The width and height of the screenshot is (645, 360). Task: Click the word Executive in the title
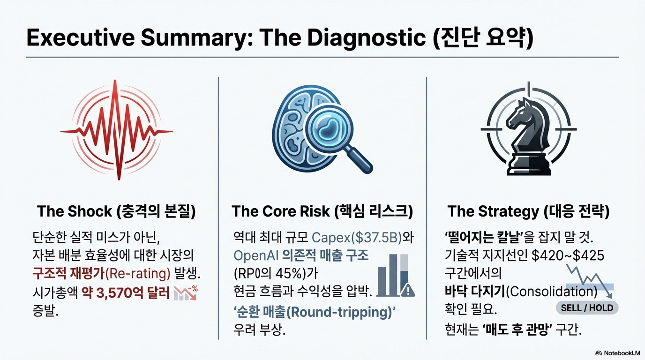(x=81, y=37)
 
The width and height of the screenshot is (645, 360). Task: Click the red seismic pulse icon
(x=117, y=130)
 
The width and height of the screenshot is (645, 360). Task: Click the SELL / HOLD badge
(x=587, y=308)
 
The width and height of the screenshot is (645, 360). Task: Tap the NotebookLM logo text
(x=621, y=353)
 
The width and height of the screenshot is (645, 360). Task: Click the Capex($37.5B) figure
(x=357, y=238)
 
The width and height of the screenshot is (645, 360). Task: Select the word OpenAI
(x=255, y=256)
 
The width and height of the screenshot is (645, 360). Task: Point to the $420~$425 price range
(x=568, y=256)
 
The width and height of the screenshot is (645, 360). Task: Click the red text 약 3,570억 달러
(x=126, y=293)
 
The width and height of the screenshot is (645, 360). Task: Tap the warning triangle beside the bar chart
(x=408, y=290)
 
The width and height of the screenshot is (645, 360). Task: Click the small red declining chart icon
(x=186, y=292)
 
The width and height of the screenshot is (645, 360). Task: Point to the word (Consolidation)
(x=552, y=292)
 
